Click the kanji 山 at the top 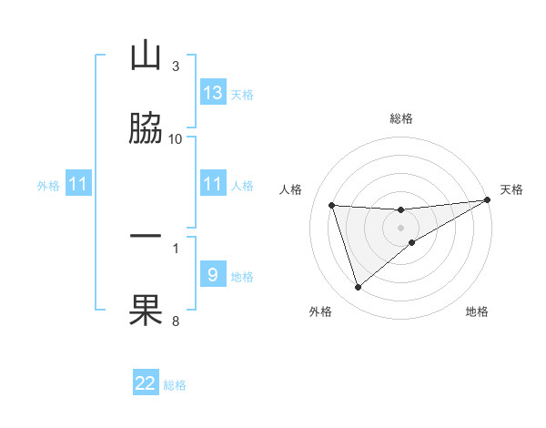tap(146, 56)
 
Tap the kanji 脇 tap(146, 127)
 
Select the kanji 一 tap(146, 236)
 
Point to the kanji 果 tap(146, 309)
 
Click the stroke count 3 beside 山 tap(176, 66)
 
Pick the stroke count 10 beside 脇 tap(176, 138)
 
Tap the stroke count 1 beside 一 tap(176, 247)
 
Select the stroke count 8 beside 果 tap(176, 320)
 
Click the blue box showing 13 tap(213, 93)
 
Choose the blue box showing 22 tap(146, 383)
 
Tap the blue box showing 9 tap(213, 275)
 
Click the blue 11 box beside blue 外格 tap(78, 185)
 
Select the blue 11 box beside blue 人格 tap(213, 185)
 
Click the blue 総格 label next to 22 tap(175, 385)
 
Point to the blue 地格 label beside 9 tap(242, 277)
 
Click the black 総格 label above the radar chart tap(401, 118)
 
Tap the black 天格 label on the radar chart tap(511, 189)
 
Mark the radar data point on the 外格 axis tap(358, 288)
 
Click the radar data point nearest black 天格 tap(487, 200)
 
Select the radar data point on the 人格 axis tap(332, 205)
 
